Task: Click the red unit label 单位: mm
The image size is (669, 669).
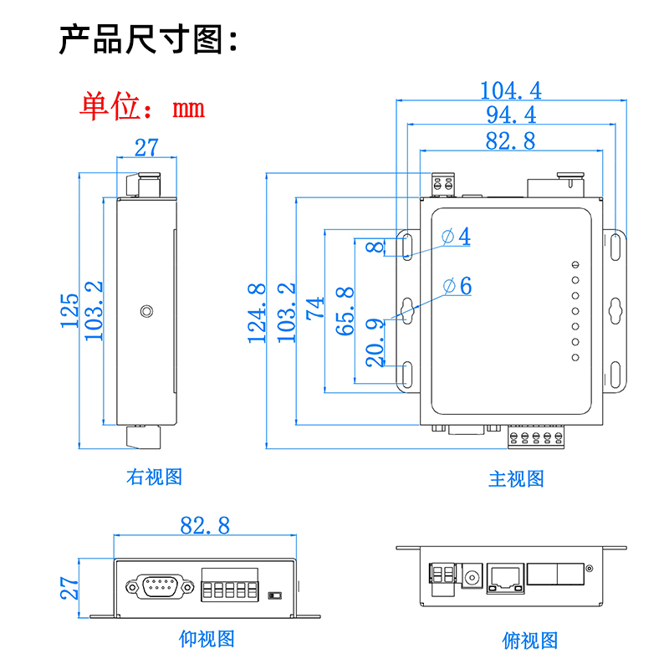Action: [143, 107]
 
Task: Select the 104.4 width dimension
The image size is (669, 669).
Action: [511, 89]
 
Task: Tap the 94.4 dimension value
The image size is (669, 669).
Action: [511, 115]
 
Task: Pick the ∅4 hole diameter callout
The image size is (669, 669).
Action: [457, 237]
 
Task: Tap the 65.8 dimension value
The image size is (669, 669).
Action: [345, 311]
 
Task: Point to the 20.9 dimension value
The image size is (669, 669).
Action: [375, 342]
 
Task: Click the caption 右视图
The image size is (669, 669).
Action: [154, 477]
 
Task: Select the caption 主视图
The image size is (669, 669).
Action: [516, 479]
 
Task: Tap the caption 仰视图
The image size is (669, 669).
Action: [207, 639]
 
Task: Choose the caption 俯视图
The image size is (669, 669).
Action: [529, 641]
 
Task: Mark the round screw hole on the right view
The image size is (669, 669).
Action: [147, 312]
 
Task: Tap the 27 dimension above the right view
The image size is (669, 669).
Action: [146, 148]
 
